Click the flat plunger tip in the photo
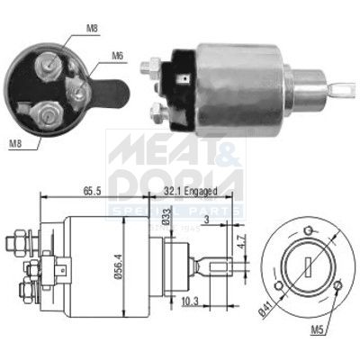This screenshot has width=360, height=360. click(x=343, y=88)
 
